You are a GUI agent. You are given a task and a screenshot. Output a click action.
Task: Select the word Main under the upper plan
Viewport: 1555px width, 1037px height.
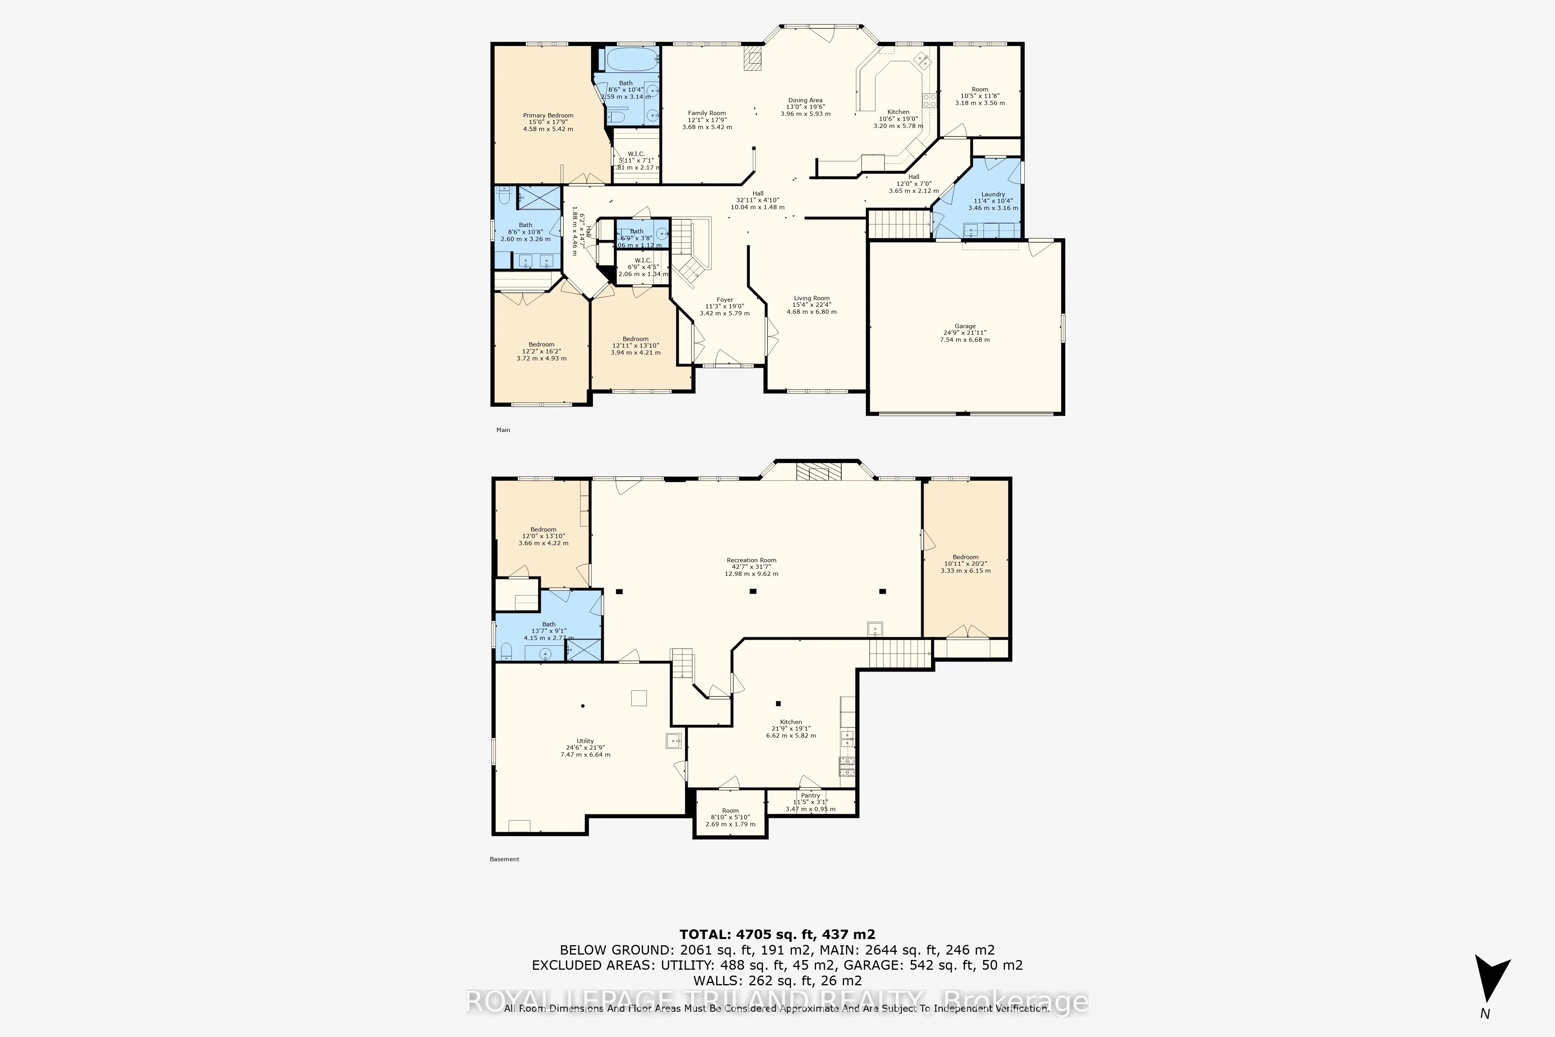click(503, 430)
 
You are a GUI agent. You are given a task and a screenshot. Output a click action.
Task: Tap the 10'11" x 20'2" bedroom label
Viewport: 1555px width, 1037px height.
click(965, 563)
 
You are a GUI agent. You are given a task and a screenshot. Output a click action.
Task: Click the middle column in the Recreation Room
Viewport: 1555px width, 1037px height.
click(752, 591)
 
